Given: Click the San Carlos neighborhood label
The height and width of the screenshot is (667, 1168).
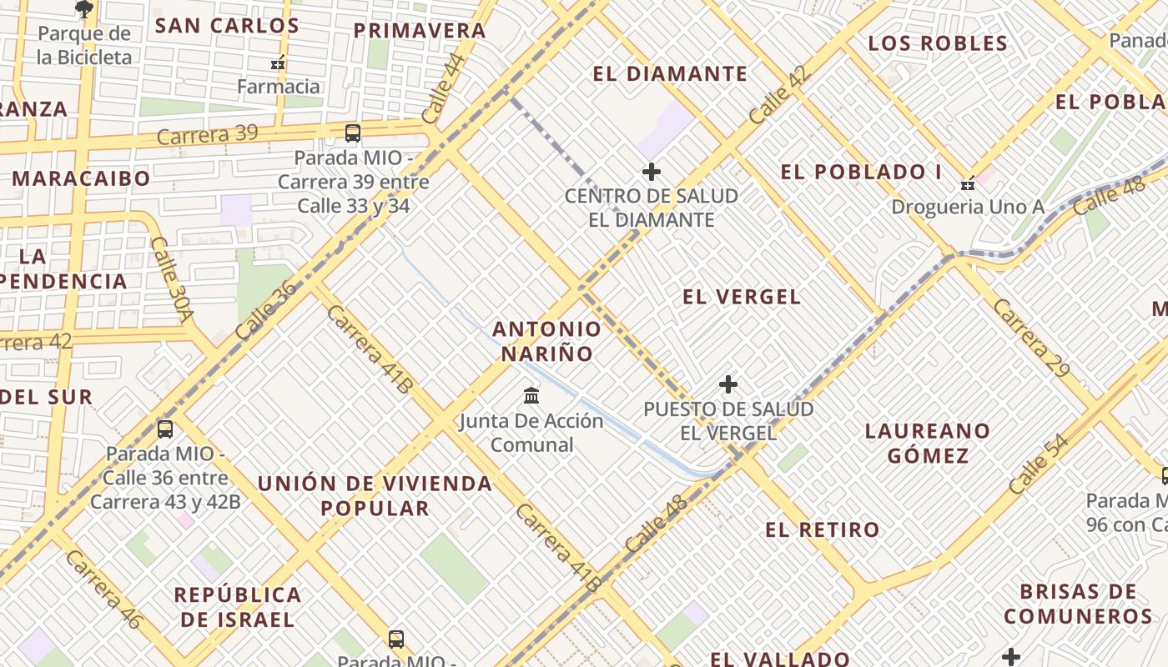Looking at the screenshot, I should pos(227,25).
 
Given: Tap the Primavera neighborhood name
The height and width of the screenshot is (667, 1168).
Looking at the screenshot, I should pos(420,31).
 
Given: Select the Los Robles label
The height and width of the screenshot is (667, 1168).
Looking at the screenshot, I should pos(938,43).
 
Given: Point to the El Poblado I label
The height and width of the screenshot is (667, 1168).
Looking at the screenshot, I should pos(861,172).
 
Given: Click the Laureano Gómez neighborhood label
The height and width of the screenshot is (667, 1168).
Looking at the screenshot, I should pos(927,443).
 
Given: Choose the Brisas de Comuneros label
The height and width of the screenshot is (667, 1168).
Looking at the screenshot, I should pos(1078,604).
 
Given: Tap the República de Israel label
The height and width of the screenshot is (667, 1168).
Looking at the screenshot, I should pos(238,607).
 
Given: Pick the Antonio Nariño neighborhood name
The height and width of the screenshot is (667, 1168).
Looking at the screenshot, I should pos(546,341).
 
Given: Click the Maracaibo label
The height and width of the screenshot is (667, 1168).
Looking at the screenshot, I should pos(81,178).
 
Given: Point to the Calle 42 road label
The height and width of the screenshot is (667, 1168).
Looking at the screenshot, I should pos(779,96).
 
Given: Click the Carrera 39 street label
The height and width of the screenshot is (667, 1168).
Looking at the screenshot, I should pos(207,134).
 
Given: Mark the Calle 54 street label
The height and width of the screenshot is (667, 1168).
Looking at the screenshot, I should pos(1039,464).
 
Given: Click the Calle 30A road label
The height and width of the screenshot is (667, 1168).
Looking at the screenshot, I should pos(172,279).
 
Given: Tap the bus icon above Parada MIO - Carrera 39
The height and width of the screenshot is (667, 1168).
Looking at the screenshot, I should pos(353,133).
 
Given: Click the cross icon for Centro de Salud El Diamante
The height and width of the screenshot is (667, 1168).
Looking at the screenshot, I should pos(652,172).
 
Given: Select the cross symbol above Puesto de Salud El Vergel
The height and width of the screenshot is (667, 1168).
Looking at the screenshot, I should pos(728,384).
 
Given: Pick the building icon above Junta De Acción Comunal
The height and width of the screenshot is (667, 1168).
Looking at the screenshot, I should pos(531,395).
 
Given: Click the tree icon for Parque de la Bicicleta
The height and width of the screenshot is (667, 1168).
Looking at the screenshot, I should pos(84,9).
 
